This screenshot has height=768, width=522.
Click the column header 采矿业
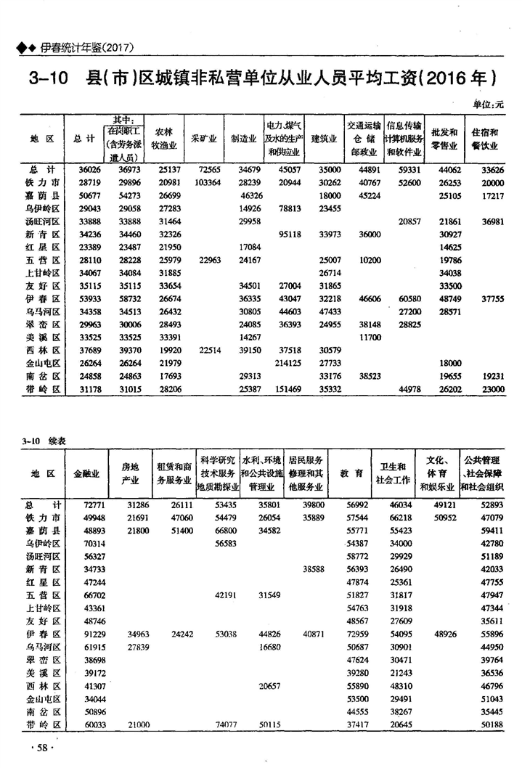click(201, 137)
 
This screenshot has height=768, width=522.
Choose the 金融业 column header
click(88, 473)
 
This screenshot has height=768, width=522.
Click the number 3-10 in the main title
click(46, 77)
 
